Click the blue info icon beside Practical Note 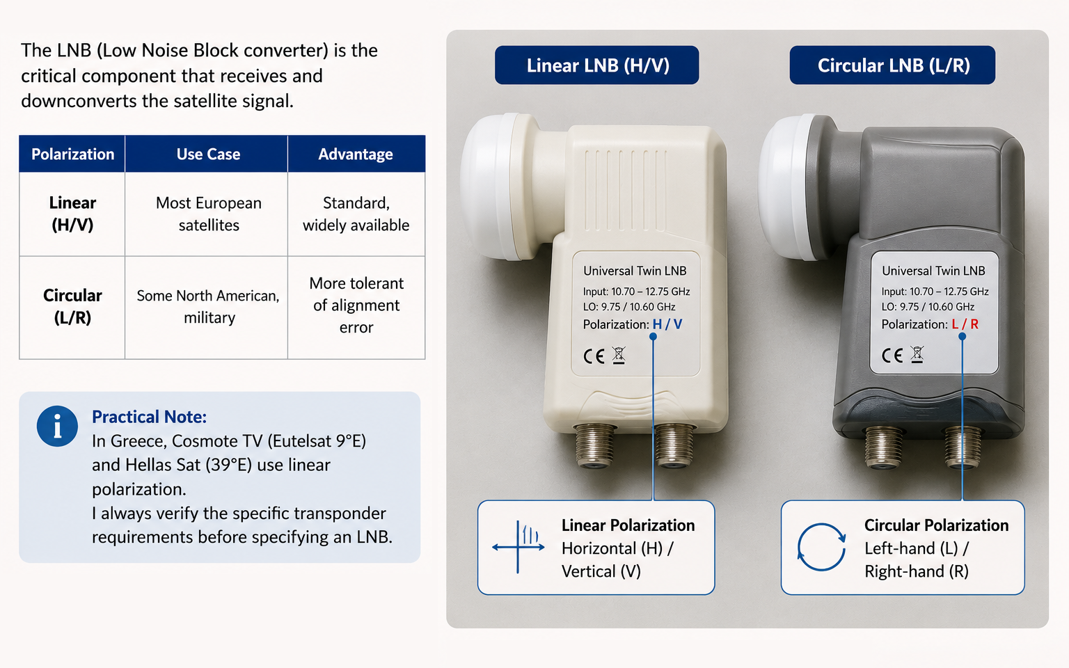tap(57, 426)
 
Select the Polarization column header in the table tap(72, 154)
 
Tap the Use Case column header tap(208, 154)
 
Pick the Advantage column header tap(356, 154)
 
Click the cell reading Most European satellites tap(209, 214)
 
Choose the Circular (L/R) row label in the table tap(72, 306)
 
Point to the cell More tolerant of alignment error tap(356, 305)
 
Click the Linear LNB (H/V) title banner tap(597, 65)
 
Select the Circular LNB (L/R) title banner tap(892, 65)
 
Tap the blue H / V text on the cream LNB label tap(667, 324)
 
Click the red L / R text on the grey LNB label tap(965, 324)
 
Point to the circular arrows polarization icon tap(821, 548)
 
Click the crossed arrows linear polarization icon tap(518, 548)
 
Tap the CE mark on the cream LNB tap(594, 356)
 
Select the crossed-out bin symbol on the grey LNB tap(917, 355)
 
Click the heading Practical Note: tap(150, 417)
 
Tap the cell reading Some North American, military tap(208, 306)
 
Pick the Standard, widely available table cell tap(356, 214)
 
